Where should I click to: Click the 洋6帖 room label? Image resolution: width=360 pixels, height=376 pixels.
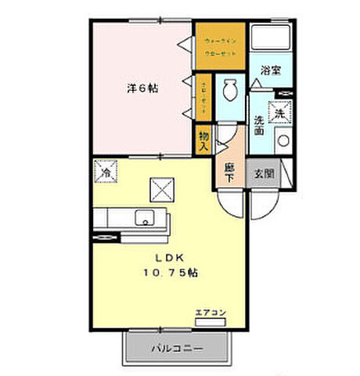142,89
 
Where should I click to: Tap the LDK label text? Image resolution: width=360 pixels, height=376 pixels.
168,258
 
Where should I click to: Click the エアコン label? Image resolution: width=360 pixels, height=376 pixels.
210,313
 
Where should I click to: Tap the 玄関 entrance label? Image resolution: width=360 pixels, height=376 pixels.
262,173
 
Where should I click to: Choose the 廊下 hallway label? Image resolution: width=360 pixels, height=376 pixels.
229,172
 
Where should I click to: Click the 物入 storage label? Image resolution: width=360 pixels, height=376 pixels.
203,141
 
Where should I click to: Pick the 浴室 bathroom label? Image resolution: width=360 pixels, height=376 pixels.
271,70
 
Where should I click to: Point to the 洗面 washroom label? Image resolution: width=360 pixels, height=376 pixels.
259,125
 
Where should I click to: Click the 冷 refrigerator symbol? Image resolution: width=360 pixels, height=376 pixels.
104,169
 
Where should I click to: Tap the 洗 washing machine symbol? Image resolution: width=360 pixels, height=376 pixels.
279,114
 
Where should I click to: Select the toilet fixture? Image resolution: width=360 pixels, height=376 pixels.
230,90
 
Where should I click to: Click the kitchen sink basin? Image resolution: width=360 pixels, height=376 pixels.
144,217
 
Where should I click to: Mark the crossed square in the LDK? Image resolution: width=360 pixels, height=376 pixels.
161,189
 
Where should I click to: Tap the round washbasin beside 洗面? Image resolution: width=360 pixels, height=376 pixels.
282,142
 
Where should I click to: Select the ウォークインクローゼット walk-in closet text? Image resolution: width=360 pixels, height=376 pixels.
221,46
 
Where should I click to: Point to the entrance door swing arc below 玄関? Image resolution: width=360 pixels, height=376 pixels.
263,204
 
